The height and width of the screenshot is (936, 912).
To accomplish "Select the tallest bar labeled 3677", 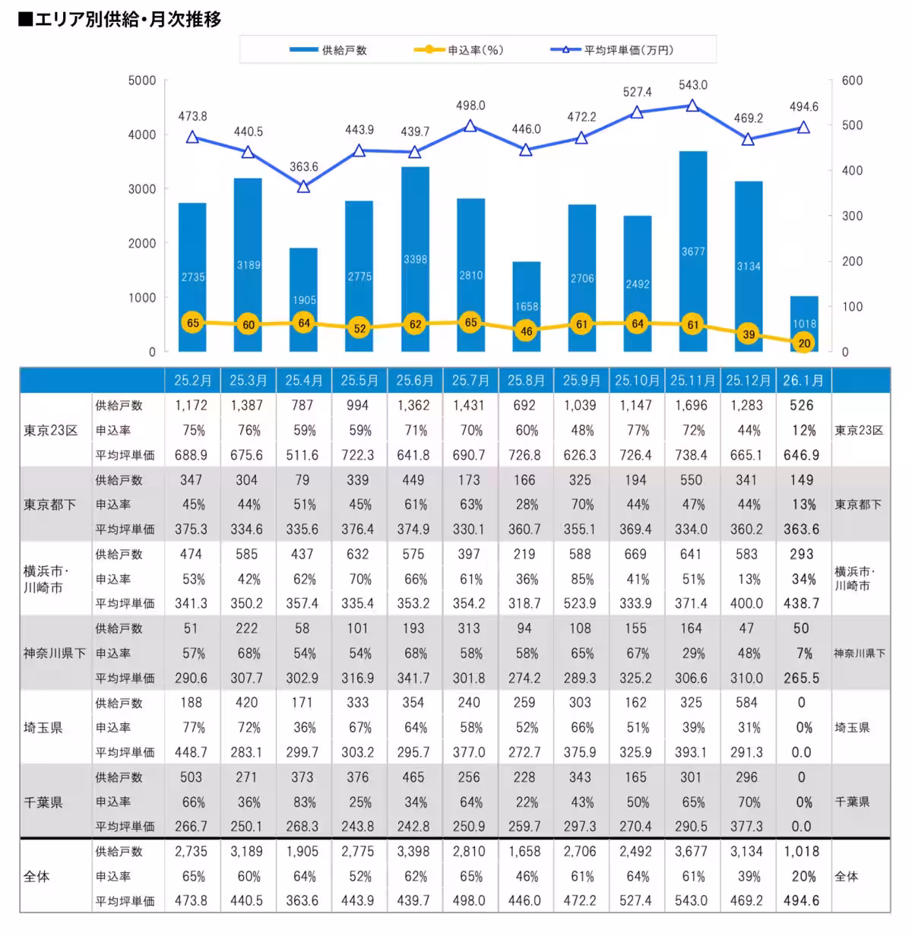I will tap(693, 251).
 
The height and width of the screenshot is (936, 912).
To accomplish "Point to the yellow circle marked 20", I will tap(804, 343).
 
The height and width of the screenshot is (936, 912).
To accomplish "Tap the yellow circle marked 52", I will tap(359, 329).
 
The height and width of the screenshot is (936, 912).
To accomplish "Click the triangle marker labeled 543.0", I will tap(692, 106).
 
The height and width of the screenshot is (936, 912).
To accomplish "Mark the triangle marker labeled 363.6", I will tap(303, 186).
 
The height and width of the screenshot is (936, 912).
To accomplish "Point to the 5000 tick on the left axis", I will tap(142, 81).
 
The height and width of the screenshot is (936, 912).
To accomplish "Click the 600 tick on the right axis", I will tap(852, 81).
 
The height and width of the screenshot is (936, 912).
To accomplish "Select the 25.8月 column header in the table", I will tap(525, 380).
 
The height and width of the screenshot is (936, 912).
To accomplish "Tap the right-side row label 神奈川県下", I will tap(860, 653).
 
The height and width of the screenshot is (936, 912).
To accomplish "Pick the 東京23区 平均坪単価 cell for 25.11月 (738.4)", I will tap(691, 455).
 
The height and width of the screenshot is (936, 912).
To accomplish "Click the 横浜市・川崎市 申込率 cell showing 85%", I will tap(581, 579).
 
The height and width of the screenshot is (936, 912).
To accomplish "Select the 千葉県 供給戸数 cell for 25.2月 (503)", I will tap(191, 777).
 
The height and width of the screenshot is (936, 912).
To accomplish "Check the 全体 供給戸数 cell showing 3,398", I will tap(413, 852).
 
